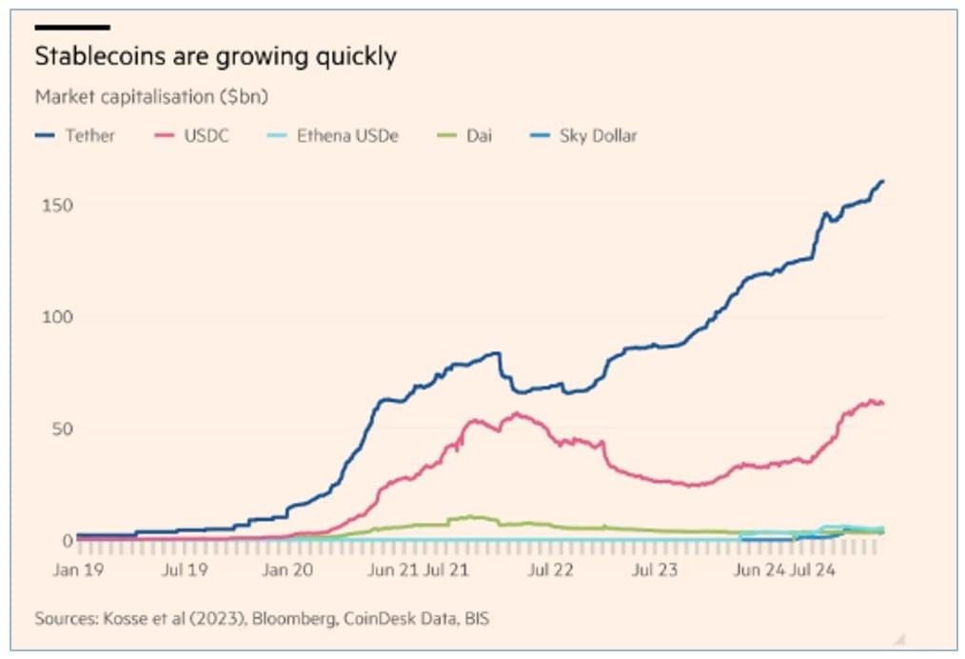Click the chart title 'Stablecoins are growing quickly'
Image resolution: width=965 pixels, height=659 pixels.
point(215,57)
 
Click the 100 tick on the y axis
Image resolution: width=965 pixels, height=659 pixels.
point(57,316)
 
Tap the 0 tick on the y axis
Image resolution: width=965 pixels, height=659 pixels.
point(68,540)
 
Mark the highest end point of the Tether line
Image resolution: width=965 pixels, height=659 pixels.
point(882,181)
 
